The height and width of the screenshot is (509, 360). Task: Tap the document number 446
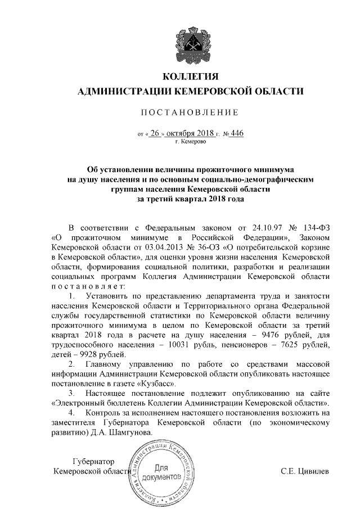(238, 133)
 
